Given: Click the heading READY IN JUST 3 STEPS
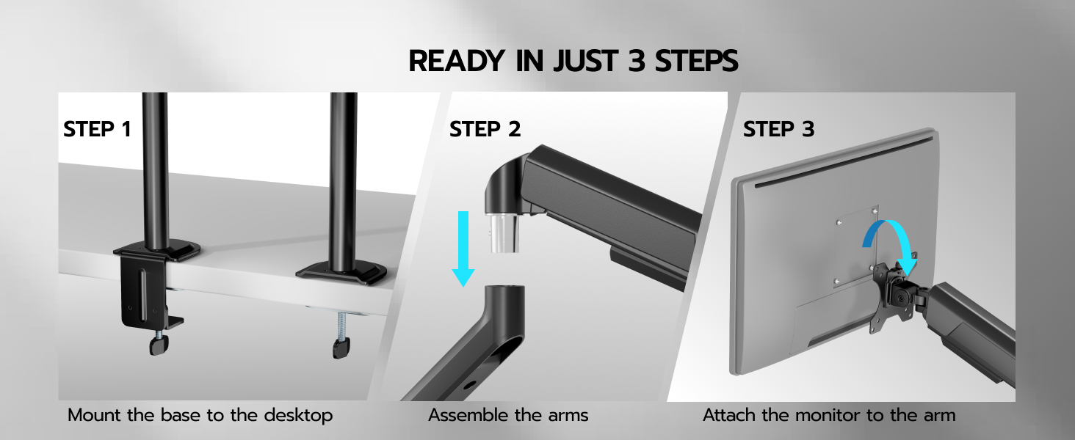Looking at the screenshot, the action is coord(573,61).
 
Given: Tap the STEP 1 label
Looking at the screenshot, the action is coord(97,129).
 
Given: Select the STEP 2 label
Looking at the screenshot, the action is coord(485,129).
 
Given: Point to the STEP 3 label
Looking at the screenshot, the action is coord(778,129).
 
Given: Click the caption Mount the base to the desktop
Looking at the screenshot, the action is coord(200,415).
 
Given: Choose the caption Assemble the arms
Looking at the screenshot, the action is coord(508,415).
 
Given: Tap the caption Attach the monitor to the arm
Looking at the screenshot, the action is coord(829,415).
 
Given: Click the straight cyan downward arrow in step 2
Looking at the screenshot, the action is coord(463,249).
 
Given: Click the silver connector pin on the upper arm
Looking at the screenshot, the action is coord(503,233).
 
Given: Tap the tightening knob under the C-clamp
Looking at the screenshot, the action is coord(159,345).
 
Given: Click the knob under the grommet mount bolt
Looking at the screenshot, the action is coord(341,348).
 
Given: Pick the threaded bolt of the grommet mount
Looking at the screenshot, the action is coord(341,326).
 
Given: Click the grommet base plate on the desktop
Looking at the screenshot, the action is coord(341,274).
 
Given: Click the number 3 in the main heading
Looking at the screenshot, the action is coord(635,62).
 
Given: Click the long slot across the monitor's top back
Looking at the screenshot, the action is coord(843,161).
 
